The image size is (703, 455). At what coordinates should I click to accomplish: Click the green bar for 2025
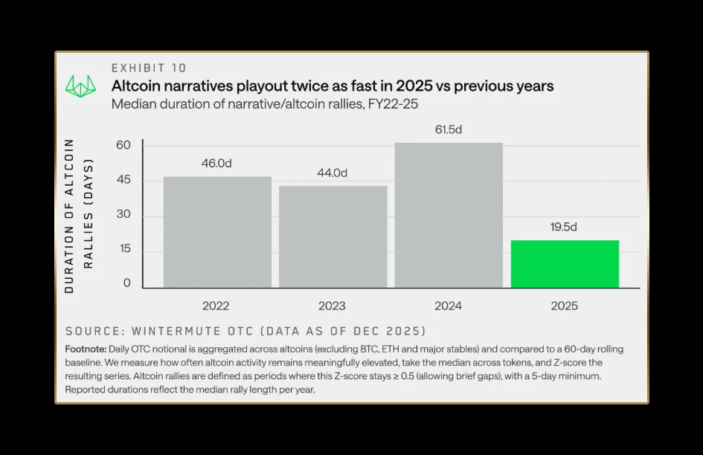(565, 264)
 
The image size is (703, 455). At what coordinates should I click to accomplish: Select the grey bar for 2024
(449, 215)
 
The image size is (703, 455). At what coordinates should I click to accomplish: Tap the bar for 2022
(217, 232)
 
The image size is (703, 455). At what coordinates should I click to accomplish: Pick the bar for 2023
(333, 236)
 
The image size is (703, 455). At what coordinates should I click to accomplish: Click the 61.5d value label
(449, 129)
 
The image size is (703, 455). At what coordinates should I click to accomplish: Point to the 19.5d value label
(564, 227)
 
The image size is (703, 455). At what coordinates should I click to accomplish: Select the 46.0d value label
(217, 163)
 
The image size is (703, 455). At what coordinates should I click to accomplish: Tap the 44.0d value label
(333, 172)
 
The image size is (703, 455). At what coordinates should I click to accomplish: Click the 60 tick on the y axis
(123, 145)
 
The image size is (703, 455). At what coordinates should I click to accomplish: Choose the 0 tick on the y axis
(127, 283)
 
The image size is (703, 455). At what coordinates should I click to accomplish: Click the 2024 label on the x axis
(448, 306)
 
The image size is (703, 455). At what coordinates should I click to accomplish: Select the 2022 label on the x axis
(216, 306)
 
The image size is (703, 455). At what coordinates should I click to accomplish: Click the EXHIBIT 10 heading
(149, 68)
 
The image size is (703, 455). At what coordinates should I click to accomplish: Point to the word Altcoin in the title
(136, 85)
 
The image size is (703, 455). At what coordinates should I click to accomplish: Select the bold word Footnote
(86, 349)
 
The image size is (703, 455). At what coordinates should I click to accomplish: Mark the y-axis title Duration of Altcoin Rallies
(77, 216)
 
